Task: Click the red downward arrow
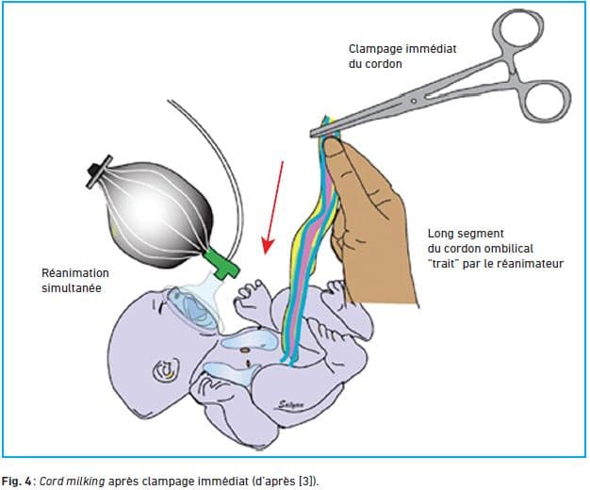click(x=273, y=207)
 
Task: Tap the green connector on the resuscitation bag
click(x=222, y=263)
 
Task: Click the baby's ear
click(x=166, y=369)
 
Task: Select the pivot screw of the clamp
click(x=414, y=101)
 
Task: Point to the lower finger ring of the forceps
click(x=546, y=101)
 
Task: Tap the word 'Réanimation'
click(x=75, y=273)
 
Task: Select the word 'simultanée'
click(x=72, y=288)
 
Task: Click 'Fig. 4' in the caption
click(x=17, y=482)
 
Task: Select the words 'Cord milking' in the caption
click(x=73, y=482)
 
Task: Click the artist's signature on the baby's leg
click(x=291, y=404)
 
